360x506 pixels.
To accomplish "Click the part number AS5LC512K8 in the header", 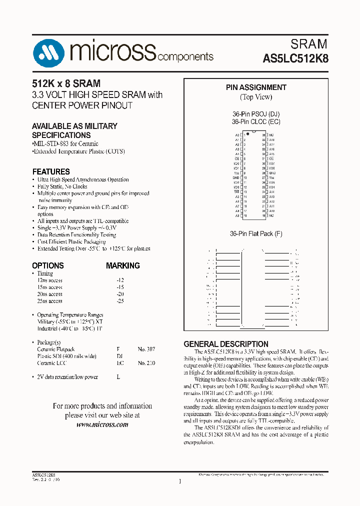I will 295,58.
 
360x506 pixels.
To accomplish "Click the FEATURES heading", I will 51,171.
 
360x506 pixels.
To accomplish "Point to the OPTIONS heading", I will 48,265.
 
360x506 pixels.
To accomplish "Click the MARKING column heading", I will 122,265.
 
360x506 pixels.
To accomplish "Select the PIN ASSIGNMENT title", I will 256,87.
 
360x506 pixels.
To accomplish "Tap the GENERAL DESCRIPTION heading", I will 226,344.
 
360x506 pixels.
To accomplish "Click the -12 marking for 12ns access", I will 119,280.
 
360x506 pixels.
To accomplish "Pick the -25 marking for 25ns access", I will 119,301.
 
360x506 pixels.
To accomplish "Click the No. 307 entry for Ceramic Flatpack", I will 146,349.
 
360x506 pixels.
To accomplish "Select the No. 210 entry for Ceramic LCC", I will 146,363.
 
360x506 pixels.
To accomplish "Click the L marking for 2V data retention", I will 118,377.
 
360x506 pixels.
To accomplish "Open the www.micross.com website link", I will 102,424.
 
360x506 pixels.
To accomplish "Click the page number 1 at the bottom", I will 179,481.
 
